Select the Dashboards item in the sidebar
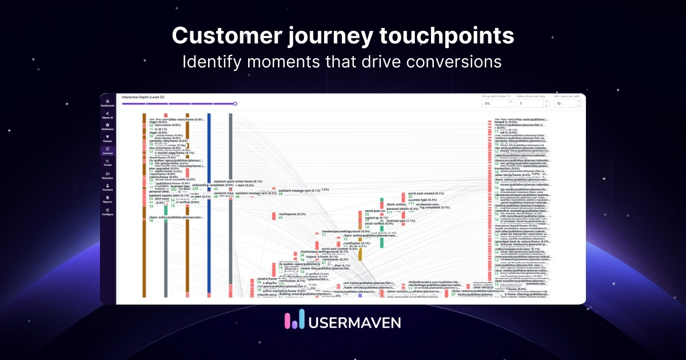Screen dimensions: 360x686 click(x=107, y=103)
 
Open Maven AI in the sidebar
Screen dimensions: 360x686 click(x=107, y=116)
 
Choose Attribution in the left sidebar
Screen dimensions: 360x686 click(x=107, y=127)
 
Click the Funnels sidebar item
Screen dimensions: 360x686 click(x=107, y=139)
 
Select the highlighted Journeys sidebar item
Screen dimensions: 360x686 click(x=107, y=151)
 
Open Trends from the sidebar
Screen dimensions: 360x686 click(x=107, y=163)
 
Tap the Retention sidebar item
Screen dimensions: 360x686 click(x=107, y=175)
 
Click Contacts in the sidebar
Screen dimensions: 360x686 click(x=107, y=187)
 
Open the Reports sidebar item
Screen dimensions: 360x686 click(x=107, y=199)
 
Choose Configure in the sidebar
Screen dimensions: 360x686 click(x=107, y=211)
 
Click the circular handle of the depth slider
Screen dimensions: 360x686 click(x=235, y=104)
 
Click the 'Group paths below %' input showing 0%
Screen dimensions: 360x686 click(x=495, y=104)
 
